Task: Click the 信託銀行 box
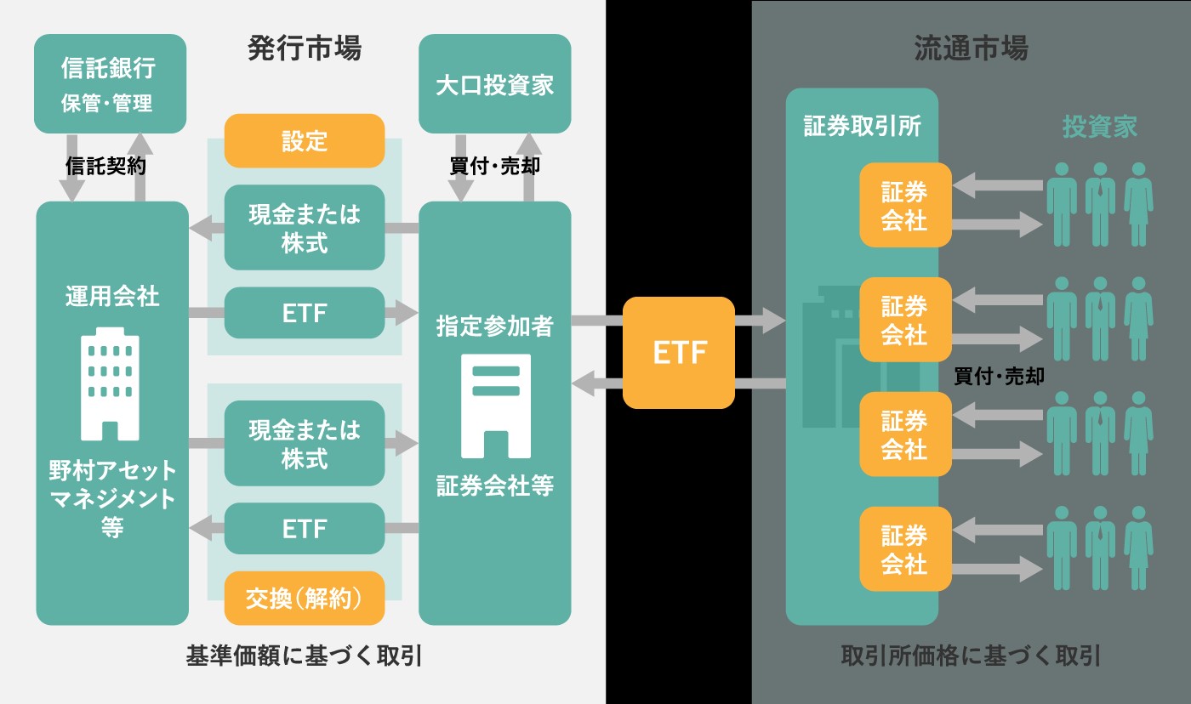click(110, 83)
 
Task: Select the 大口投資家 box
click(494, 83)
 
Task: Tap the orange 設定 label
click(305, 140)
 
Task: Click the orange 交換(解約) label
click(305, 599)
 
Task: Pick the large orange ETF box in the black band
click(679, 353)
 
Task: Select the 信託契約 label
click(106, 167)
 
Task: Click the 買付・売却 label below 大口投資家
click(494, 167)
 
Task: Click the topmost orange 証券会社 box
click(904, 205)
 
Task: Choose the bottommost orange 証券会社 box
click(904, 548)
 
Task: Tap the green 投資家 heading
click(1099, 128)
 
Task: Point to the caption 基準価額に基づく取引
click(305, 656)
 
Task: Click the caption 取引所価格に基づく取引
click(971, 656)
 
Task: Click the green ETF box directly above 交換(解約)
click(305, 529)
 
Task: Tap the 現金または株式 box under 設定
click(305, 228)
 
